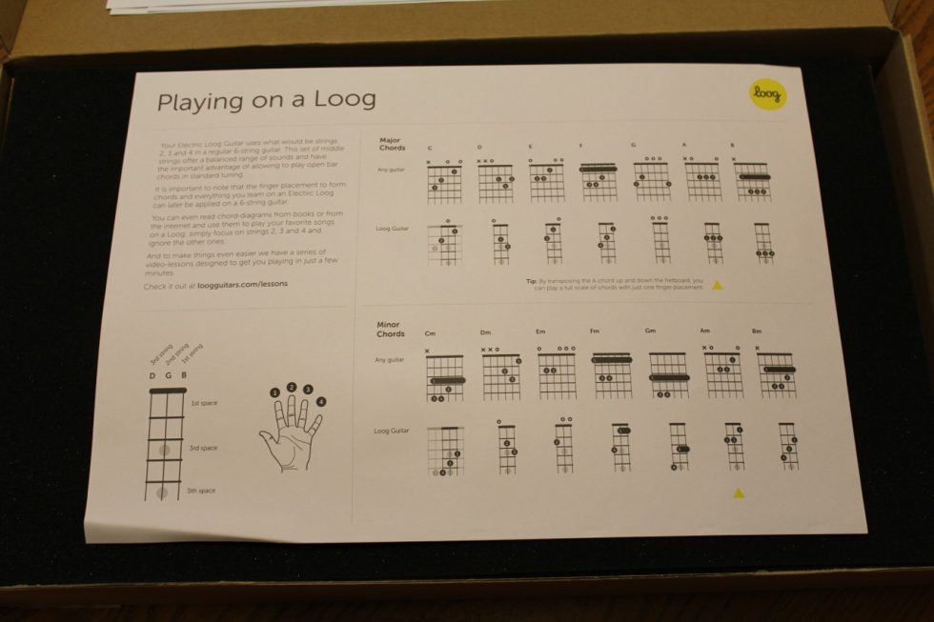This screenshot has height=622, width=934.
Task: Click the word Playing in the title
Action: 194,100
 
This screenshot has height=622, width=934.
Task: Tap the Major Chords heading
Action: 392,144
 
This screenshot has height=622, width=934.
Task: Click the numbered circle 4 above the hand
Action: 321,401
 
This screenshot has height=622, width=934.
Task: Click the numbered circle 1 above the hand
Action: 274,391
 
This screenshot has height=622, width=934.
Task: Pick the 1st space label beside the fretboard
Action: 202,403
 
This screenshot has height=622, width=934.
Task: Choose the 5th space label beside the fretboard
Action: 202,490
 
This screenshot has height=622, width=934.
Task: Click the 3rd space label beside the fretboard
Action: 202,447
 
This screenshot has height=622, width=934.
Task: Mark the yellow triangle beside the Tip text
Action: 718,284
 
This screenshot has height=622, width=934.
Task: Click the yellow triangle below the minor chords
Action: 738,492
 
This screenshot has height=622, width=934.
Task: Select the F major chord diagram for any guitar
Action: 599,181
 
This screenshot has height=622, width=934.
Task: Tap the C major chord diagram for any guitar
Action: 444,181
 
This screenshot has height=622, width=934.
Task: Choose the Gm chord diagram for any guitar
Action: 668,373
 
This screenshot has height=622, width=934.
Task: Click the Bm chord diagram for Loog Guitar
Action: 788,446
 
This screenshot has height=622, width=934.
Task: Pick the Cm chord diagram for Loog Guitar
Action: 445,451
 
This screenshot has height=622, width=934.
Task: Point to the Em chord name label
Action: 540,331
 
